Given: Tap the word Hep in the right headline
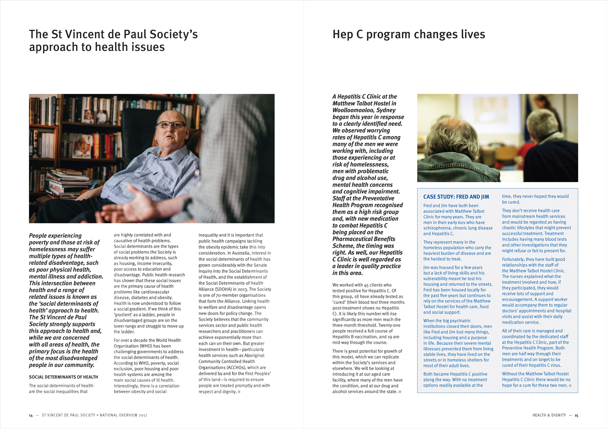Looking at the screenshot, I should [343, 34].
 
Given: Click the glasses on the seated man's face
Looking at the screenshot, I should [171, 124].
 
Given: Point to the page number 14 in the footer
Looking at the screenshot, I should [31, 415].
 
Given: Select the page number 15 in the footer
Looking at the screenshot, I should [576, 415].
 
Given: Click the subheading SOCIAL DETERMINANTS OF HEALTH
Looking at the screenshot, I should [63, 377].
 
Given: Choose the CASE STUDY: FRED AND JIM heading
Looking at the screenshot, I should [456, 197].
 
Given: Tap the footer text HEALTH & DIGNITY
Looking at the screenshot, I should [549, 415].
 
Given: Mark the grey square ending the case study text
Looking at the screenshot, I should [570, 386].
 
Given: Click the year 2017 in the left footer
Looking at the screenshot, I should [143, 415].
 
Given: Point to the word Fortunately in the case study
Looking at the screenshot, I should [513, 259].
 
